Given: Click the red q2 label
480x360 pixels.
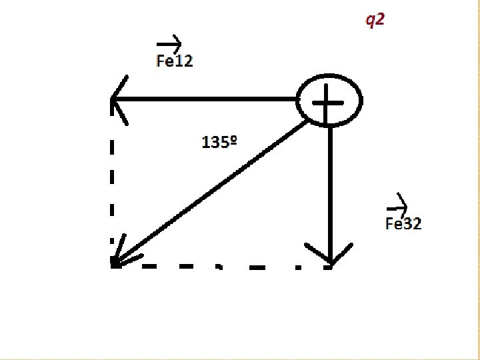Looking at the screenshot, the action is pyautogui.click(x=374, y=20).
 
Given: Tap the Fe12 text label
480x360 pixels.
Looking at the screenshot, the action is pyautogui.click(x=174, y=61).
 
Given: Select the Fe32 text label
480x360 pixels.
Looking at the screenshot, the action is pyautogui.click(x=403, y=223).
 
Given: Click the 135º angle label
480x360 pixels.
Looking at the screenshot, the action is pyautogui.click(x=220, y=142).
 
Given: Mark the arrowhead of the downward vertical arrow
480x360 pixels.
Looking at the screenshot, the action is pyautogui.click(x=331, y=257).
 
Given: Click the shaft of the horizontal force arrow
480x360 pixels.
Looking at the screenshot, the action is pyautogui.click(x=207, y=100).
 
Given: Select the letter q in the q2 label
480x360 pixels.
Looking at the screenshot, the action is pyautogui.click(x=369, y=21).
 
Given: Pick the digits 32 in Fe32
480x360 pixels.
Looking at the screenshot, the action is pyautogui.click(x=413, y=223).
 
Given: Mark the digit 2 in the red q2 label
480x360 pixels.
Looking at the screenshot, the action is pyautogui.click(x=379, y=19).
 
